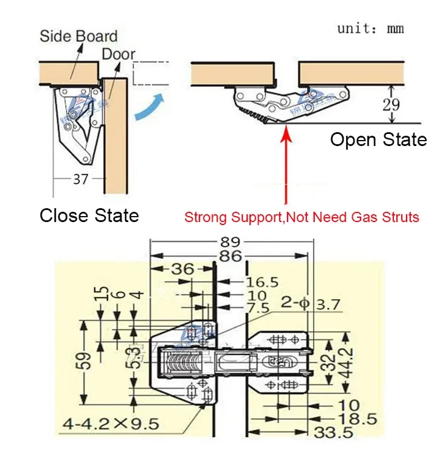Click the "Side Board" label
pyautogui.click(x=79, y=36)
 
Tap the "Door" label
pyautogui.click(x=118, y=54)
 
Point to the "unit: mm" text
pyautogui.click(x=370, y=28)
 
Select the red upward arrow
pyautogui.click(x=287, y=163)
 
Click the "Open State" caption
pyautogui.click(x=378, y=140)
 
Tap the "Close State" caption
pyautogui.click(x=89, y=215)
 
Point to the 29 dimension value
pyautogui.click(x=391, y=103)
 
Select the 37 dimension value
pyautogui.click(x=80, y=179)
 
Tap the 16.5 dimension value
pyautogui.click(x=262, y=282)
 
